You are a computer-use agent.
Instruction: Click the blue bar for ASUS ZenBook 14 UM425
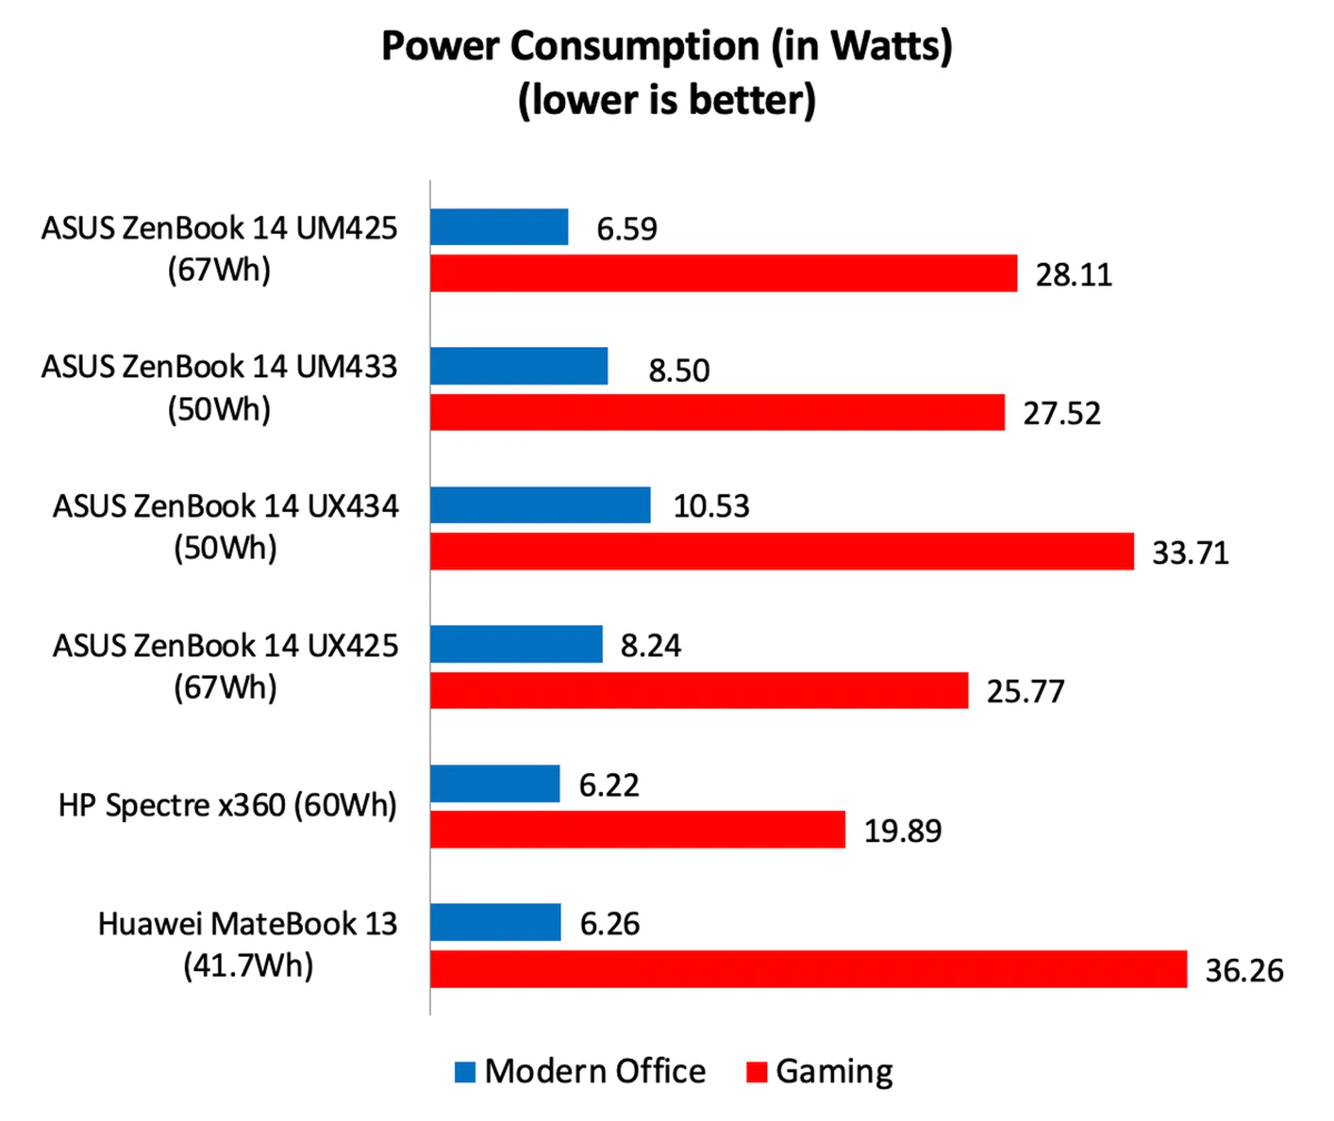[499, 227]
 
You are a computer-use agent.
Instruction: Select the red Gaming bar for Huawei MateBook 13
[808, 969]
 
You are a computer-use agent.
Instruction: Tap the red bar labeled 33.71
[782, 552]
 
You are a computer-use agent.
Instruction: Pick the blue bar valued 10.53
[540, 505]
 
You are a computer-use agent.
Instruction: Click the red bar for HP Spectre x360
[637, 830]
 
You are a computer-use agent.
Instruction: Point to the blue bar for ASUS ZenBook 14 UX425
[516, 644]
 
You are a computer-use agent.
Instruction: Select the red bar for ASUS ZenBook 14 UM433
[717, 413]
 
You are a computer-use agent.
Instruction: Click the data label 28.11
[1073, 275]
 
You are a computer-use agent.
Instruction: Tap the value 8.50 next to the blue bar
[679, 370]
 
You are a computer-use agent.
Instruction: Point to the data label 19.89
[903, 831]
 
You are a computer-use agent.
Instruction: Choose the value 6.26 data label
[609, 924]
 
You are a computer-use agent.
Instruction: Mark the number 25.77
[1026, 692]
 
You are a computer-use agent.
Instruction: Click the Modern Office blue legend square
[465, 1072]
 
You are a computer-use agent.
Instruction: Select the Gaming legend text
[834, 1072]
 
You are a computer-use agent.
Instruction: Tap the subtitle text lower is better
[667, 100]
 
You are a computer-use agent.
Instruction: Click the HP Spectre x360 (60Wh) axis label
[227, 805]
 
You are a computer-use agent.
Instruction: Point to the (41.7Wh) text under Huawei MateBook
[248, 965]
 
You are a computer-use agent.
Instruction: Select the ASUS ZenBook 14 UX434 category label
[226, 507]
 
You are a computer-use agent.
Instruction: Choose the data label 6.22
[609, 785]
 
